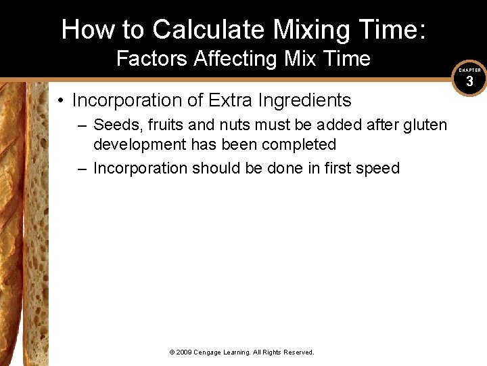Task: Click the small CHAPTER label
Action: pos(469,70)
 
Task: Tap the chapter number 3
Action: pos(469,81)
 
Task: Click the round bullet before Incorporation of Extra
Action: pos(61,100)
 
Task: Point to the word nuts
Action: pos(231,125)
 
